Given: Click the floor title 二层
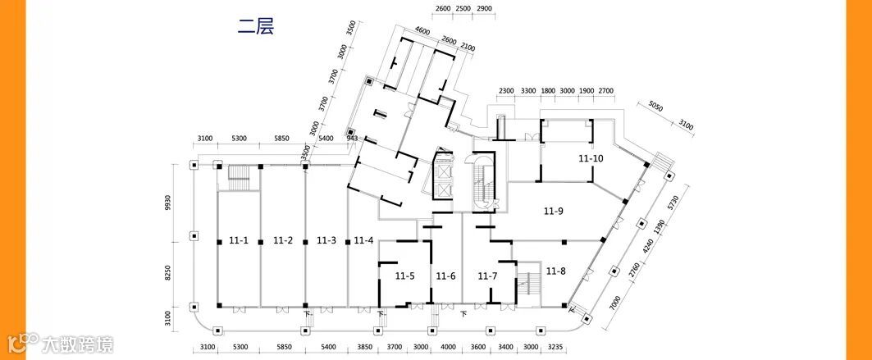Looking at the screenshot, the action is pyautogui.click(x=256, y=26).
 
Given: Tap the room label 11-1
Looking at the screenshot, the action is pyautogui.click(x=239, y=240).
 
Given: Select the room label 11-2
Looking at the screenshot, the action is pyautogui.click(x=283, y=240).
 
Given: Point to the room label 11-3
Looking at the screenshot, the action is pyautogui.click(x=326, y=240).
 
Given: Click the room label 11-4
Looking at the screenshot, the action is pyautogui.click(x=363, y=240).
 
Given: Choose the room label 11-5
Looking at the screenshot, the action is pyautogui.click(x=404, y=276).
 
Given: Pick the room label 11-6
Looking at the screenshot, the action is pyautogui.click(x=445, y=276).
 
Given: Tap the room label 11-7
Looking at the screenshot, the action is pyautogui.click(x=488, y=276).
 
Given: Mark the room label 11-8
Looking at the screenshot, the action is pyautogui.click(x=556, y=271).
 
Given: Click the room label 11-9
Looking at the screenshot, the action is pyautogui.click(x=554, y=212).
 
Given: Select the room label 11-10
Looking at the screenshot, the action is pyautogui.click(x=591, y=158).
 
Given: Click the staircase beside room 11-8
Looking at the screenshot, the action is pyautogui.click(x=529, y=282).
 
